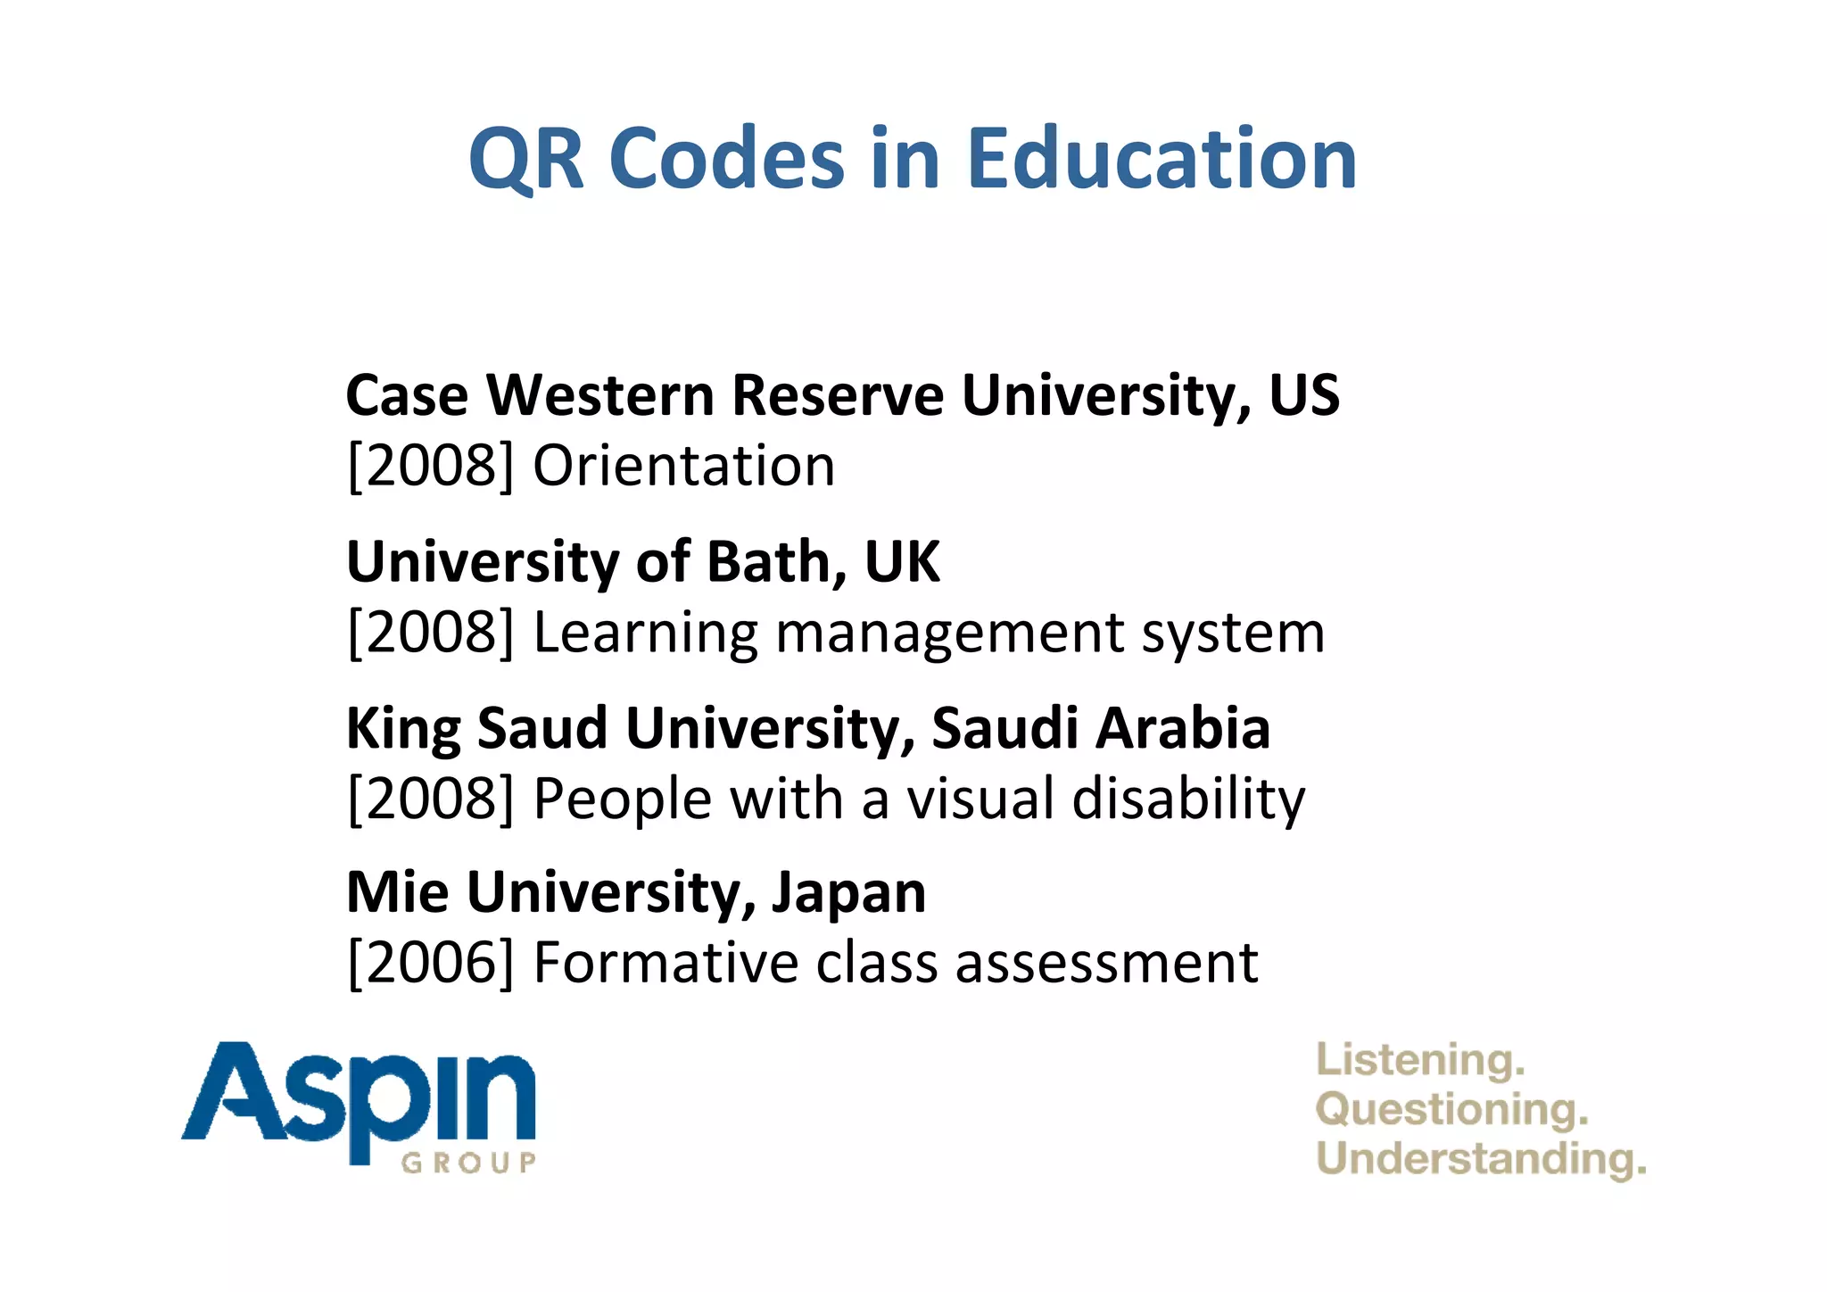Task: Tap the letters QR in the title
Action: click(526, 161)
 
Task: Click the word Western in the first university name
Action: click(600, 395)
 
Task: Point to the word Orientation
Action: click(683, 466)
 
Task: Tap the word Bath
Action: click(776, 562)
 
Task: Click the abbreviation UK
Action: click(902, 562)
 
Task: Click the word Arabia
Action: click(1182, 728)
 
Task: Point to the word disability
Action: click(1188, 799)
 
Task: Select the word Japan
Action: click(848, 894)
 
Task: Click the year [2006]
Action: click(431, 963)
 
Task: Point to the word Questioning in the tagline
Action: click(1451, 1111)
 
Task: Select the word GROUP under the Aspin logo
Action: click(468, 1163)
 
